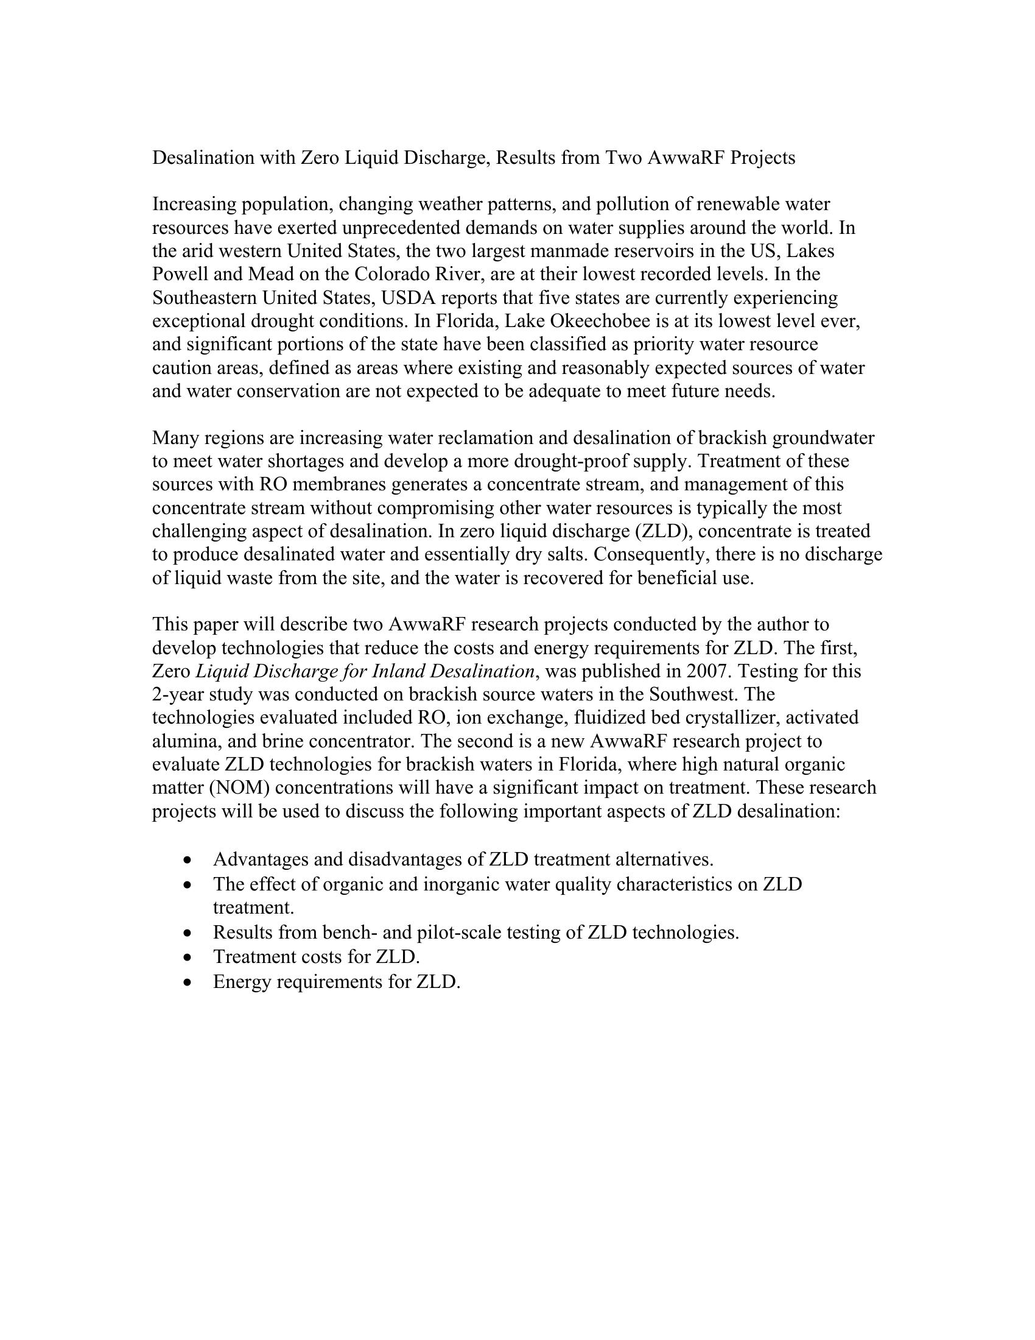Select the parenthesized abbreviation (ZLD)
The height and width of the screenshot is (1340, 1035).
point(665,531)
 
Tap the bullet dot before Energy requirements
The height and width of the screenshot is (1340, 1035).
point(188,982)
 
